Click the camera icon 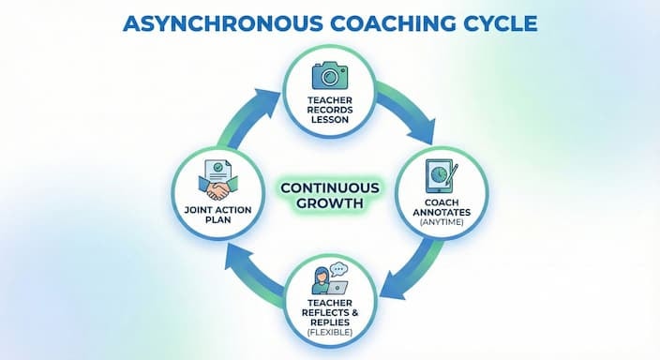click(x=329, y=75)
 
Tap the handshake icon click(x=222, y=186)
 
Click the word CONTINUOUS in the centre click(x=329, y=187)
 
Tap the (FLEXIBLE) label click(x=329, y=332)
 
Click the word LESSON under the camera click(x=329, y=120)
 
